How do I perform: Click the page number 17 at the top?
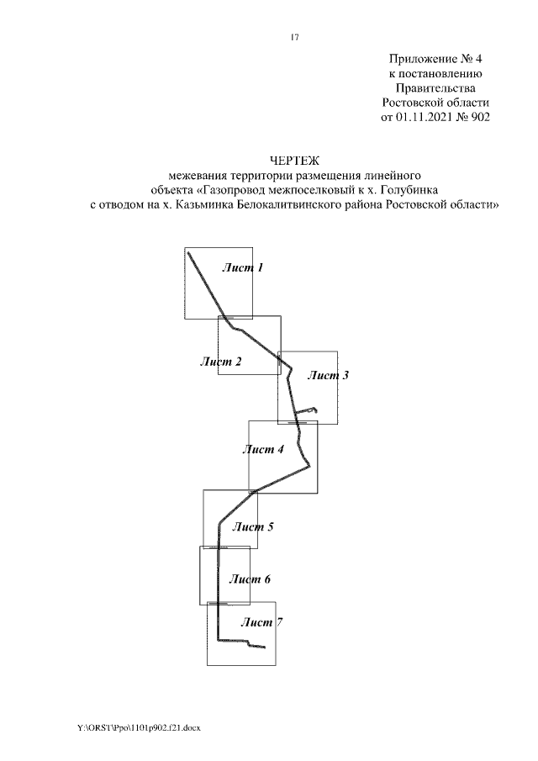click(x=294, y=37)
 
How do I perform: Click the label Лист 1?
click(x=243, y=268)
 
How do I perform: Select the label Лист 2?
click(x=221, y=362)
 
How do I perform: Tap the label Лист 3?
click(x=327, y=376)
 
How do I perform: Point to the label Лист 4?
click(x=263, y=450)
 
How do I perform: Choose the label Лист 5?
click(x=253, y=527)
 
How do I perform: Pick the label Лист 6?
click(x=250, y=579)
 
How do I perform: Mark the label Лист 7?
click(x=261, y=623)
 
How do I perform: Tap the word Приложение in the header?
click(x=419, y=59)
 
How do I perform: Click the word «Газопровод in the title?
click(x=244, y=190)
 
